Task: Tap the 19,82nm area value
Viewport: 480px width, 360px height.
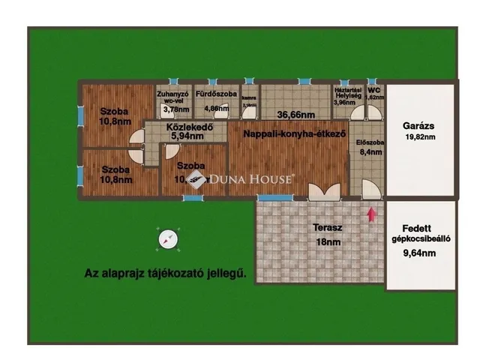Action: coord(419,138)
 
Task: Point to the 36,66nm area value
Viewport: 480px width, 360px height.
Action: coord(295,115)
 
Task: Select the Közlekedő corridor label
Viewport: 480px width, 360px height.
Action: coord(187,127)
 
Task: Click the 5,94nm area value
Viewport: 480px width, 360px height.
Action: coord(187,137)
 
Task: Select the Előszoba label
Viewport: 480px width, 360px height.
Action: coord(370,142)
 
